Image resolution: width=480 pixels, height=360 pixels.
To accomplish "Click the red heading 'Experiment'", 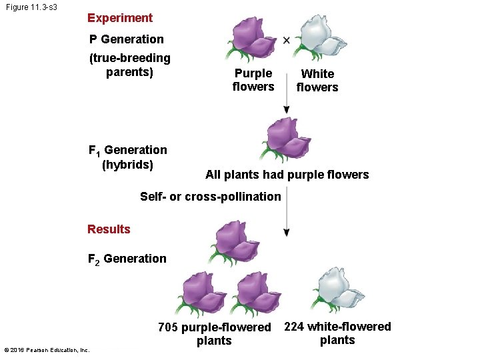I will click(120, 18).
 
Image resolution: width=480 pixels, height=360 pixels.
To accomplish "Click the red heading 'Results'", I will click(109, 229).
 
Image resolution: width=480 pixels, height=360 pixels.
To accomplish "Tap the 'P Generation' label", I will click(126, 39).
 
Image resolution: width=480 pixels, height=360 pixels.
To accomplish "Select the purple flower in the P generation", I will click(251, 39).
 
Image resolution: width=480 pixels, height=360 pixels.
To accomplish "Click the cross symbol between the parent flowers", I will click(287, 40).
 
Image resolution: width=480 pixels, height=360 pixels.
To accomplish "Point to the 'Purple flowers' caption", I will click(253, 80).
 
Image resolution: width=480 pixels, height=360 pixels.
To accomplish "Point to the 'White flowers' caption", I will click(317, 81).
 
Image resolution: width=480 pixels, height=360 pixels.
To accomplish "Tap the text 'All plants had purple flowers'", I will click(287, 175).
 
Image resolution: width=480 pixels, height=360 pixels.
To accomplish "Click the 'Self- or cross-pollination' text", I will click(211, 197).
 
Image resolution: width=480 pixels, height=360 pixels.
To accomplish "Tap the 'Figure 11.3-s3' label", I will click(34, 7).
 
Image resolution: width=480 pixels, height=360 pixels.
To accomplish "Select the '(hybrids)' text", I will click(127, 165).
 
